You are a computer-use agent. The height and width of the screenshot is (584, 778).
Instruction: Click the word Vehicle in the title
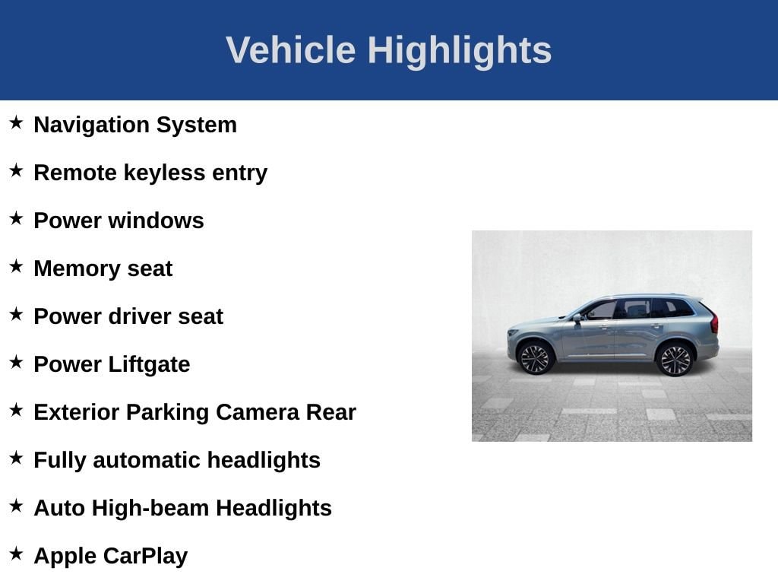point(291,49)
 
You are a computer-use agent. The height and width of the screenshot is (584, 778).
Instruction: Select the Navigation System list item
point(135,125)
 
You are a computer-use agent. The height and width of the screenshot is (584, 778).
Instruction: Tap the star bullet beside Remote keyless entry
point(17,171)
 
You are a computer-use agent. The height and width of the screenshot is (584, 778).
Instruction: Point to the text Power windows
point(119,221)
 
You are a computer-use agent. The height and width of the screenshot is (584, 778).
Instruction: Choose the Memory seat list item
point(103,268)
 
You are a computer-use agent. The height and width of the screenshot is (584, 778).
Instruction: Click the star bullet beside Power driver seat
point(17,314)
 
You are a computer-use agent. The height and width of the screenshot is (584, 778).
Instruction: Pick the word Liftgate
point(150,365)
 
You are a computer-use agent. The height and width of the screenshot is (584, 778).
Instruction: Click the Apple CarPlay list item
point(111,556)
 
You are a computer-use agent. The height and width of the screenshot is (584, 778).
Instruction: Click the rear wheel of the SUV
point(675,360)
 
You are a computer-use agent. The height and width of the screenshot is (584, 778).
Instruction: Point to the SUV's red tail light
point(714,322)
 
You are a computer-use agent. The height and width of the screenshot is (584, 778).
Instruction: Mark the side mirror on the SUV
point(577,318)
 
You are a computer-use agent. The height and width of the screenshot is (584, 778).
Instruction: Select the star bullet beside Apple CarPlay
point(17,554)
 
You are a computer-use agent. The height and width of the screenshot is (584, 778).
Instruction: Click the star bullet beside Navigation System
point(17,122)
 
